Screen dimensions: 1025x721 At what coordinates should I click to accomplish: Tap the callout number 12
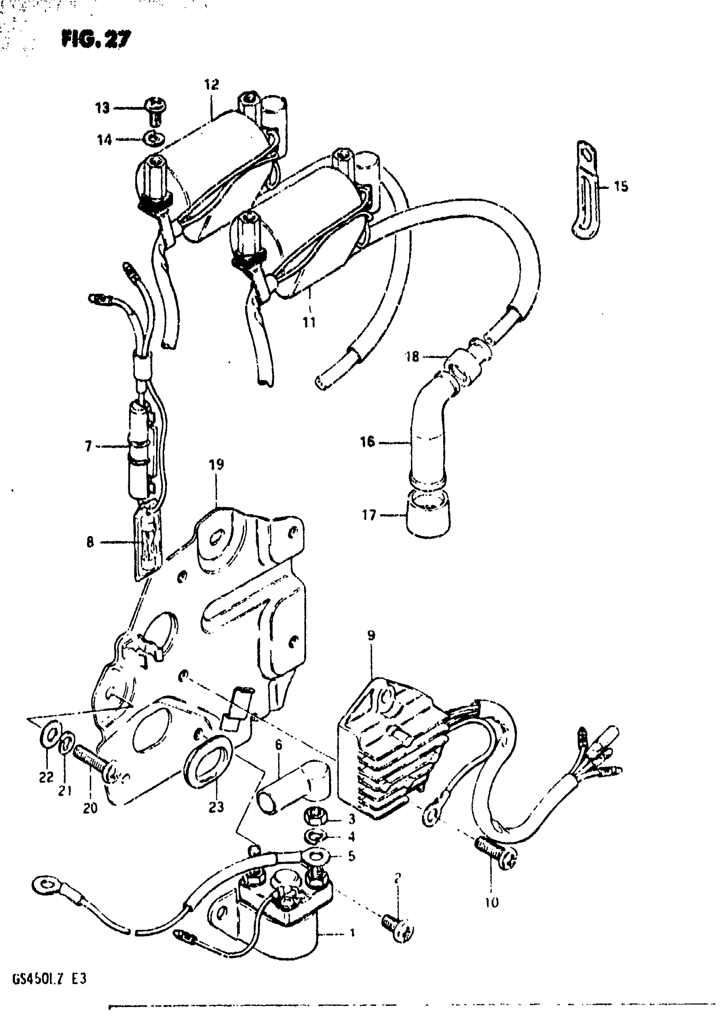coord(212,84)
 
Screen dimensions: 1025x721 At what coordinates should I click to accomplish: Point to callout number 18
coord(412,356)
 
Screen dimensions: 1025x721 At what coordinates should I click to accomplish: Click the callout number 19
coord(216,465)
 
